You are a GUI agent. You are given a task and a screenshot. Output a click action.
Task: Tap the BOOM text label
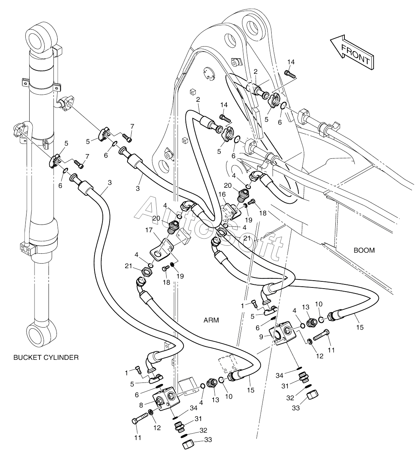(364, 250)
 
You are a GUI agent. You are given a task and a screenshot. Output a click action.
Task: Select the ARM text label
(211, 320)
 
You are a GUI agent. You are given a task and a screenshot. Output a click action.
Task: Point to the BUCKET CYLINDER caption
(46, 357)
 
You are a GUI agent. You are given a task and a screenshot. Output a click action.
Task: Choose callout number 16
(222, 194)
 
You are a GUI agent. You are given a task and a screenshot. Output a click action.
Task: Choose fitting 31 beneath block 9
(303, 376)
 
